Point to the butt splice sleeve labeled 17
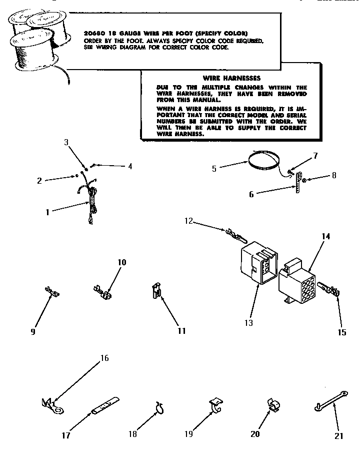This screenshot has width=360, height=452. coord(105,404)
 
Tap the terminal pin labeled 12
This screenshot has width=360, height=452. coord(235,233)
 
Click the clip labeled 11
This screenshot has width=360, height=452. coord(156,291)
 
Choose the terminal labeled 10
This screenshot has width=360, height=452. coord(102,291)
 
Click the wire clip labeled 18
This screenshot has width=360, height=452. coord(159,407)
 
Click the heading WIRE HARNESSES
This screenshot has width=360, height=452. coord(231,78)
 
